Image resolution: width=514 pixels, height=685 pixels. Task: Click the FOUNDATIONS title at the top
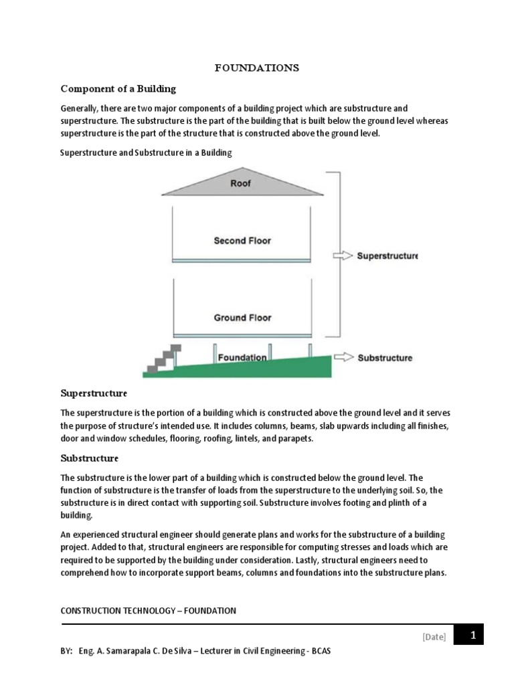pos(257,68)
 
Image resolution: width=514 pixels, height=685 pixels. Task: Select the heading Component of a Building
pos(118,88)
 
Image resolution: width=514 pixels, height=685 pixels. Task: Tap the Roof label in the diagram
pos(241,182)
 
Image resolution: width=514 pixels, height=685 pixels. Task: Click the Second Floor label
pos(242,240)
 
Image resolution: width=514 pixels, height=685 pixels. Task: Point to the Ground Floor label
pos(242,318)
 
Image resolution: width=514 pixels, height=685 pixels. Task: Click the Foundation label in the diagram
pos(242,357)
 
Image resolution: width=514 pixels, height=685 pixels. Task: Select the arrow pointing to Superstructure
pos(341,256)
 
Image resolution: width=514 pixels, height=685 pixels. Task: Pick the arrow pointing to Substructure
pos(343,357)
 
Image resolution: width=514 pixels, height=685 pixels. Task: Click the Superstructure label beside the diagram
pos(388,256)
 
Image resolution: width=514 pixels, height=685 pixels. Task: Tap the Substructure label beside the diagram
pos(385,358)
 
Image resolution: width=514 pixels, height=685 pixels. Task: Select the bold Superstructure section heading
pos(94,393)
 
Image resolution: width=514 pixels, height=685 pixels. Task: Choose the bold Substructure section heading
pos(90,458)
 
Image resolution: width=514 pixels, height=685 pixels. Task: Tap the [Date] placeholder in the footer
pos(434,637)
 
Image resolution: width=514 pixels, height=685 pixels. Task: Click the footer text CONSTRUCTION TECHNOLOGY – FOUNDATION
pos(148,610)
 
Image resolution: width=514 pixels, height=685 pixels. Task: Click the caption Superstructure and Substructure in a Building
pos(146,153)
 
